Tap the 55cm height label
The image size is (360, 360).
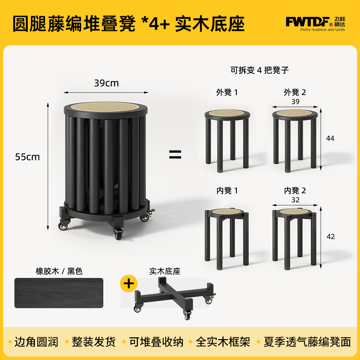[27, 157]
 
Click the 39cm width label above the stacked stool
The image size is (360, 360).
[107, 83]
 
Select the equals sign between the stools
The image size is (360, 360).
[175, 154]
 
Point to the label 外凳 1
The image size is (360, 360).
[227, 92]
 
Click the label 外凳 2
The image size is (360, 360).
[295, 92]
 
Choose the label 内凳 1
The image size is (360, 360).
[227, 190]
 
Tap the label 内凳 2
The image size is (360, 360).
[295, 190]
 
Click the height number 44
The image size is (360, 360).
[330, 138]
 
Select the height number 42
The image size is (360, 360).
[330, 237]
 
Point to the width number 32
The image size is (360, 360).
[296, 200]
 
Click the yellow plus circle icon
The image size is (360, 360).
[129, 283]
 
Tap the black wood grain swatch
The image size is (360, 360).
[59, 293]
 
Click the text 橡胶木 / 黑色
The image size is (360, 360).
[59, 271]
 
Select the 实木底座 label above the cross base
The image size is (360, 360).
[165, 271]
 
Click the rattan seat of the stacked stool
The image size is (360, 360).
[105, 107]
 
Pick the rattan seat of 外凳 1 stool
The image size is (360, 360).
[227, 113]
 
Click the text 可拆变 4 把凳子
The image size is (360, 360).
[260, 70]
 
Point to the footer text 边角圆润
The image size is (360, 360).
[36, 342]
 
